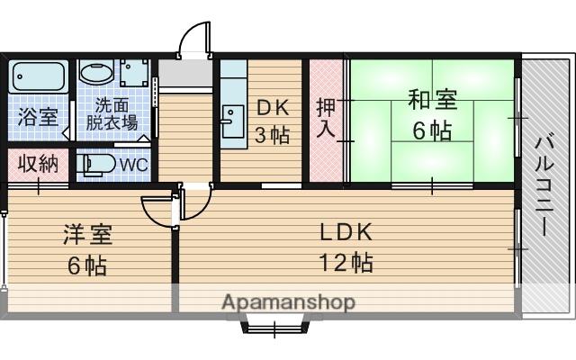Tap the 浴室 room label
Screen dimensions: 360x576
coord(38,117)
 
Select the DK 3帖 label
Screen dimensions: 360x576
coord(273,121)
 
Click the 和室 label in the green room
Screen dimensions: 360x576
coord(432,99)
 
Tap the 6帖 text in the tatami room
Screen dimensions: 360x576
coord(432,130)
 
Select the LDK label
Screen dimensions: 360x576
coord(346,231)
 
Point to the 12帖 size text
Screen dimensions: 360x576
coord(346,264)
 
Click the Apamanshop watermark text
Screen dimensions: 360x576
coord(288,301)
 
